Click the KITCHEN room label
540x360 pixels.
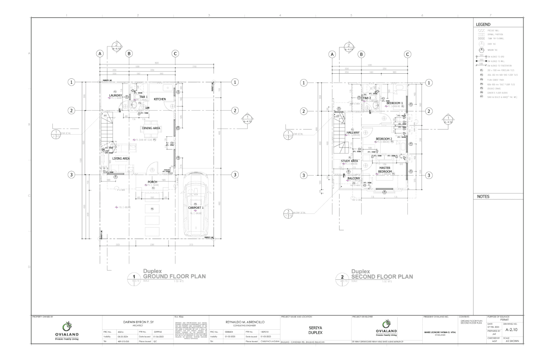[x=160, y=99]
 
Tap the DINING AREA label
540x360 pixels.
[x=151, y=128]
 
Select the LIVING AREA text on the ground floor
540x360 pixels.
[x=121, y=158]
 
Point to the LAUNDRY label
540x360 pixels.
[x=116, y=95]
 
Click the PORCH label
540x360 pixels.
[x=153, y=182]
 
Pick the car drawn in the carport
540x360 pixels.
[x=195, y=211]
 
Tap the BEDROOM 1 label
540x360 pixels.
[x=395, y=103]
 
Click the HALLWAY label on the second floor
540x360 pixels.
[x=353, y=132]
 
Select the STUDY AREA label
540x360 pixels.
[x=349, y=161]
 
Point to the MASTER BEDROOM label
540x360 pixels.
[x=384, y=170]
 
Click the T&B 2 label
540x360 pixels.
[x=367, y=98]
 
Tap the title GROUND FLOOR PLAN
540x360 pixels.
[x=174, y=276]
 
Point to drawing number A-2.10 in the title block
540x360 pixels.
[x=511, y=329]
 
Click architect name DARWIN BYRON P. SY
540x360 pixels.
[x=138, y=323]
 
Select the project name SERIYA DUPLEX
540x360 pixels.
[x=315, y=330]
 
